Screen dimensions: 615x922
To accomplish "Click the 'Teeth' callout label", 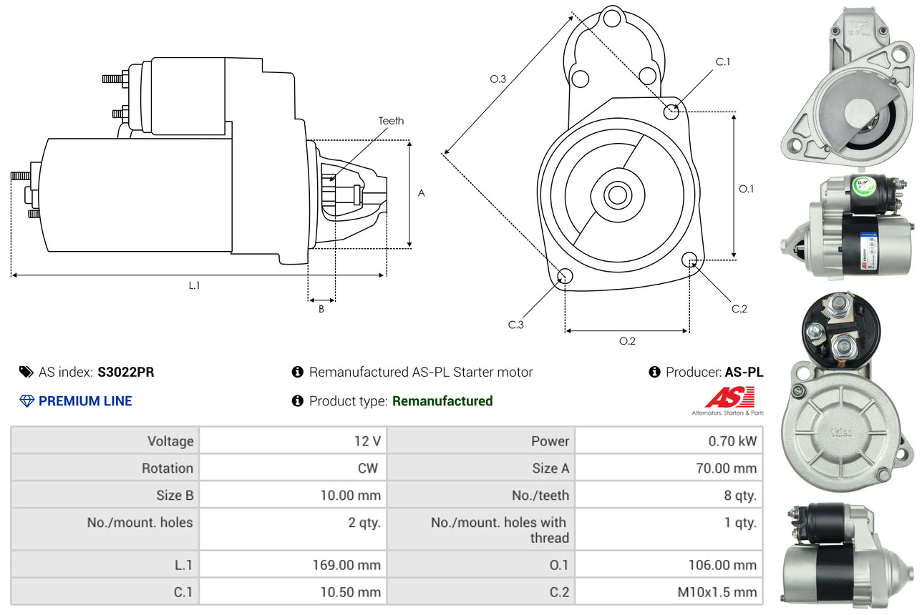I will [391, 121].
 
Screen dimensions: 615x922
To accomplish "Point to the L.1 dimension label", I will [194, 285].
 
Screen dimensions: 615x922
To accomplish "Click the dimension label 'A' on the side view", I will [421, 193].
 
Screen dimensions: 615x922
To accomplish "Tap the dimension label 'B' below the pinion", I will [321, 310].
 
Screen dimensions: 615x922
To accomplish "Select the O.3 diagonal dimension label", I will [498, 79].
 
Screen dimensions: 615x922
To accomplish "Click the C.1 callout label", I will [723, 62].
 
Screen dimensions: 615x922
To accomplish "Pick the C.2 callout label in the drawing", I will [739, 309].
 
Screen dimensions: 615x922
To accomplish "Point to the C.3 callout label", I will [516, 325].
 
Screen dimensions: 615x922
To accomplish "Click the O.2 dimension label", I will [627, 341].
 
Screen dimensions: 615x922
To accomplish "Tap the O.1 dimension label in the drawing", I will [747, 189].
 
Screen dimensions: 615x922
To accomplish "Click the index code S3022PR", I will [126, 372].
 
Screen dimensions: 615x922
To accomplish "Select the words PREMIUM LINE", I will [85, 401].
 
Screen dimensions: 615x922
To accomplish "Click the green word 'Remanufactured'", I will [442, 401].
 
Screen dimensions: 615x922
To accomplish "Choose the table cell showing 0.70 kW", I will [732, 441].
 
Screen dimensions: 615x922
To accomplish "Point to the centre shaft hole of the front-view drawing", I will [616, 194].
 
